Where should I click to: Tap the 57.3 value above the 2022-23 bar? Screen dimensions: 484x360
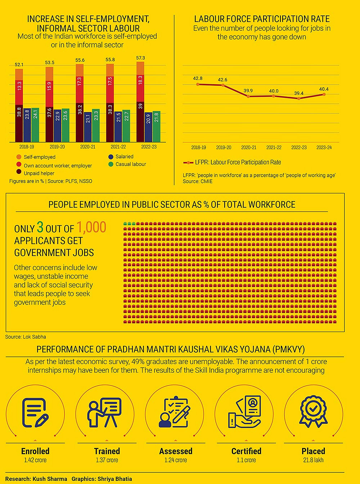(x=140, y=58)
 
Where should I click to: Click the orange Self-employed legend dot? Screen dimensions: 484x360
(x=19, y=157)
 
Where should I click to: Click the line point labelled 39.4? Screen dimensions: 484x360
(x=299, y=98)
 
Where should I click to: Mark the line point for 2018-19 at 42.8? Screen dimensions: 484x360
(x=198, y=84)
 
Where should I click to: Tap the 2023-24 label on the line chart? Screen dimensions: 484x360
(x=324, y=148)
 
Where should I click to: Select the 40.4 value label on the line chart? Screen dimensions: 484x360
(x=324, y=89)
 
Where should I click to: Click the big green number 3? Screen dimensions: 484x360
(x=40, y=228)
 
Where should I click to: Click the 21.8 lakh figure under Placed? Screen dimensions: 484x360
(x=313, y=460)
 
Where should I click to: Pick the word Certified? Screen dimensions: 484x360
(x=246, y=451)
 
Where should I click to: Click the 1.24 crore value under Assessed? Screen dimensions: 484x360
(x=176, y=460)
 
